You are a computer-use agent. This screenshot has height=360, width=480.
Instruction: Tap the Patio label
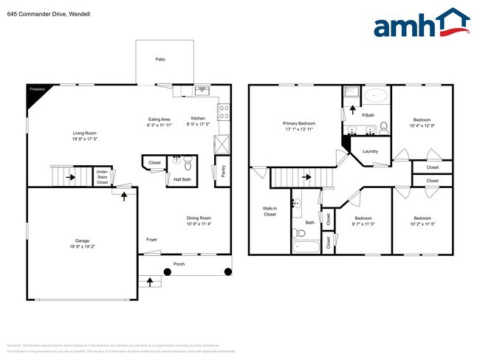pos(160,59)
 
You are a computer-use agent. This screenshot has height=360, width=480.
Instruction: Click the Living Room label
pos(86,134)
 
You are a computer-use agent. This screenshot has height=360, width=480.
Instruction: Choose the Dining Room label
pos(199,219)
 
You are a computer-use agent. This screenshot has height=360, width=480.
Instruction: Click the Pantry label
pos(223,171)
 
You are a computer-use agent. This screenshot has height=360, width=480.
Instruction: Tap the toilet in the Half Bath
pos(187,163)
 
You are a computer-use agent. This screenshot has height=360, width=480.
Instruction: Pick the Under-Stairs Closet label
pos(102,177)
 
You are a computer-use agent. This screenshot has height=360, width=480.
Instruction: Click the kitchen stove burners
pos(223,113)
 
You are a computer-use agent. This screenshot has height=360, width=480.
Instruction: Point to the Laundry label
pos(371,151)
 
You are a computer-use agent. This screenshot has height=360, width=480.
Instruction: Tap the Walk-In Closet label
pos(270,212)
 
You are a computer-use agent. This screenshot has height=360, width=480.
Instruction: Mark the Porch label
pos(179,263)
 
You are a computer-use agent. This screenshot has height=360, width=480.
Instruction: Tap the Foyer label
pos(151,239)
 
